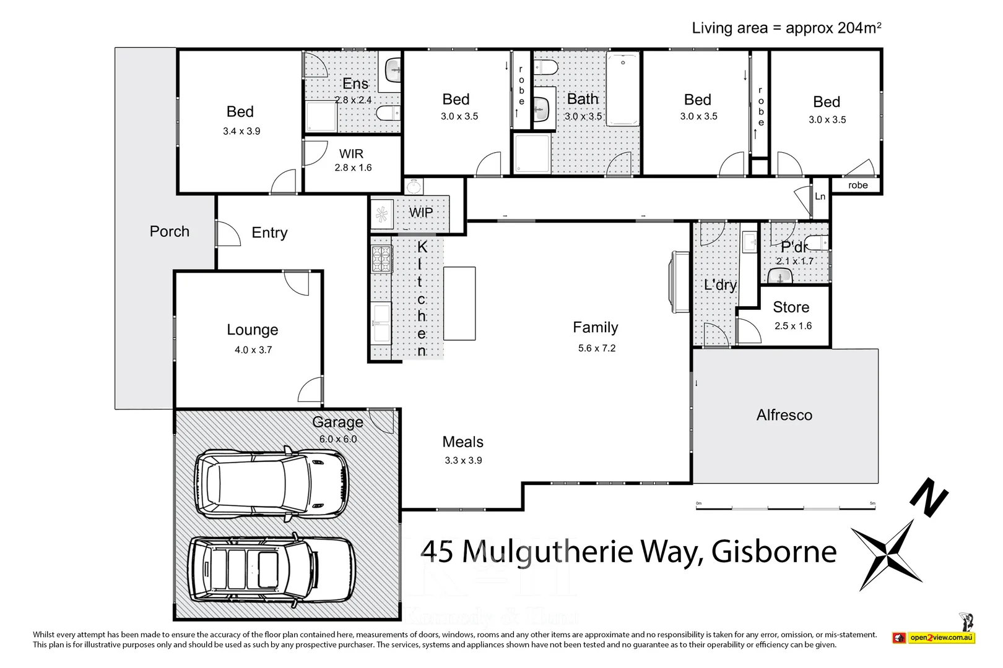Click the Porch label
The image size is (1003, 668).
[169, 231]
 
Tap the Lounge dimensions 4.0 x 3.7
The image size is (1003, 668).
[253, 350]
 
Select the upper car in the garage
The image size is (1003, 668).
[272, 482]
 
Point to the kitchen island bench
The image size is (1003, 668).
[459, 303]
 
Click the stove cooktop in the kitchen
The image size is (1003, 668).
[381, 259]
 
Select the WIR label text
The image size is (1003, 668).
[351, 153]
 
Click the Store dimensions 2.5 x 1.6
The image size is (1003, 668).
[792, 326]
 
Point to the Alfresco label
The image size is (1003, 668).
[784, 415]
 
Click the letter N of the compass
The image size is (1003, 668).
[929, 497]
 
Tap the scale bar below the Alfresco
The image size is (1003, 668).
[785, 507]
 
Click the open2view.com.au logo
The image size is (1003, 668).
[934, 637]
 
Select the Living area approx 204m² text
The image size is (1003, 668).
[786, 28]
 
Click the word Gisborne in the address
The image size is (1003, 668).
[773, 552]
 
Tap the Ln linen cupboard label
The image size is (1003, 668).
[820, 197]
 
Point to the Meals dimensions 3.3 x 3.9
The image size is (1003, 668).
[463, 460]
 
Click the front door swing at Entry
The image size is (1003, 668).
[227, 233]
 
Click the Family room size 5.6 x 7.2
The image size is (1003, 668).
[596, 348]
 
